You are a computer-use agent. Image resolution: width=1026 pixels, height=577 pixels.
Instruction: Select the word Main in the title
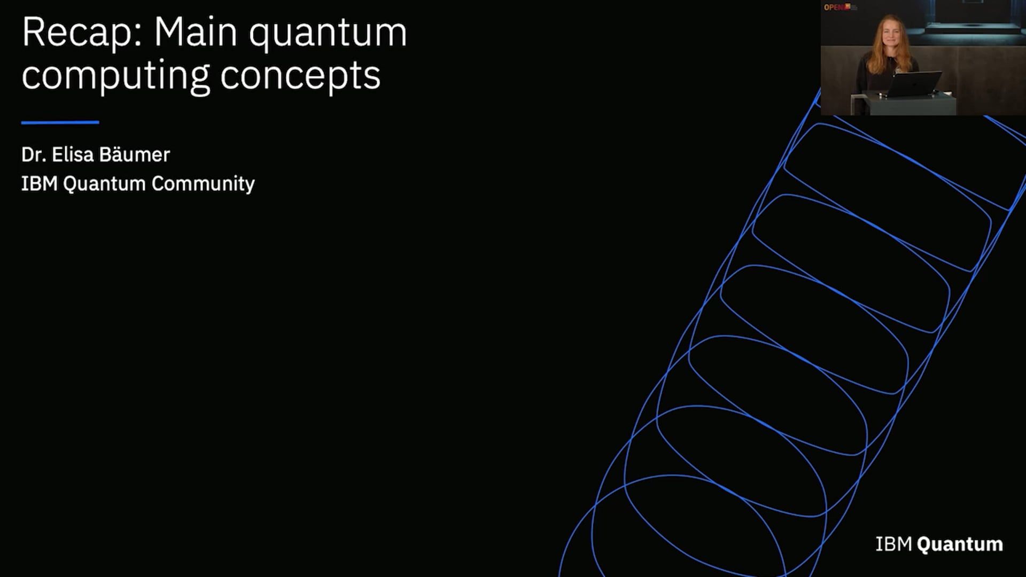[195, 33]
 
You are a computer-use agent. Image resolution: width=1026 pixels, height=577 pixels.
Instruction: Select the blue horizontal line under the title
[60, 122]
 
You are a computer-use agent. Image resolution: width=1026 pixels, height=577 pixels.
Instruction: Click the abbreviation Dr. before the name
[33, 155]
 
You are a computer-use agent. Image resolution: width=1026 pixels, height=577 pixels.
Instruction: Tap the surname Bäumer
[134, 155]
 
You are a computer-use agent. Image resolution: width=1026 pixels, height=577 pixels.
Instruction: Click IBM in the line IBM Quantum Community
[39, 184]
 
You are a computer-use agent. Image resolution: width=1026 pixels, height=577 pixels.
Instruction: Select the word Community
[203, 184]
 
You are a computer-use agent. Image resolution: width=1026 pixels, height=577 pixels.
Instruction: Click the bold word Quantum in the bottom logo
[960, 544]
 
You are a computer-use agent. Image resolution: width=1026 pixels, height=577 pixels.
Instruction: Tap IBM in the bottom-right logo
[893, 544]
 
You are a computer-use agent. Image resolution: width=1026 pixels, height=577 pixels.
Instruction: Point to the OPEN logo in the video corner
[835, 7]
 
